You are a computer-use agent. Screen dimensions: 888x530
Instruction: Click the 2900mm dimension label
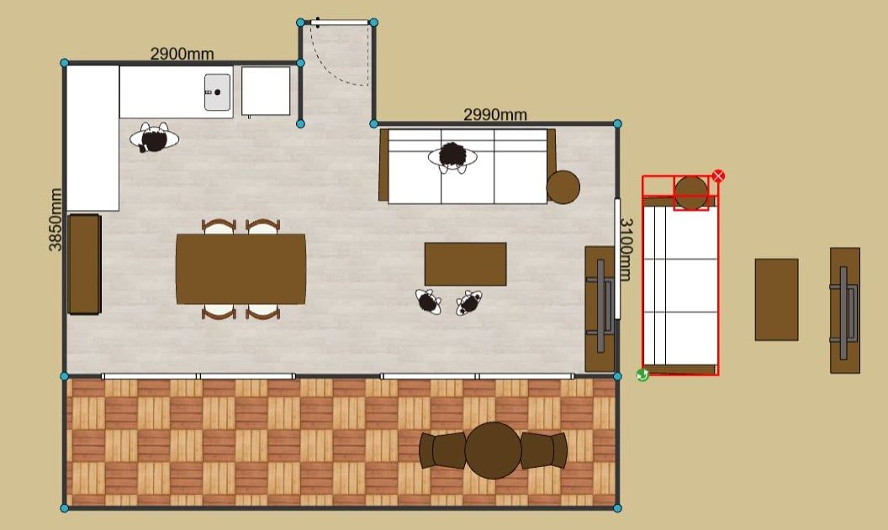click(x=182, y=54)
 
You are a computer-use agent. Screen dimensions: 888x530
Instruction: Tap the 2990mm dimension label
click(x=495, y=115)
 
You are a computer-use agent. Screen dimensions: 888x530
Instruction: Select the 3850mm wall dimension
click(x=55, y=219)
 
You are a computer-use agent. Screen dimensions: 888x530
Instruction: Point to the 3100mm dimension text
click(x=625, y=249)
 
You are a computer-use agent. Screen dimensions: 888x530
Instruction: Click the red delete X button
click(x=718, y=176)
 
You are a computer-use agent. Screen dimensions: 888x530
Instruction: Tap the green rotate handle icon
click(x=642, y=375)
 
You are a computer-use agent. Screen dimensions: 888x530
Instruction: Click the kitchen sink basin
click(x=218, y=92)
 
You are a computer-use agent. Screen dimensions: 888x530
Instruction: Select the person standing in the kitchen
click(x=154, y=138)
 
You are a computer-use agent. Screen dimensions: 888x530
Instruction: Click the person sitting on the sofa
click(x=452, y=157)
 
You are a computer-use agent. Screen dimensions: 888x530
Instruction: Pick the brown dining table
click(x=240, y=269)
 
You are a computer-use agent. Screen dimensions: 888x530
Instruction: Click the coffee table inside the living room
click(x=466, y=264)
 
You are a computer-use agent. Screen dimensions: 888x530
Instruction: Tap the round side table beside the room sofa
click(x=563, y=186)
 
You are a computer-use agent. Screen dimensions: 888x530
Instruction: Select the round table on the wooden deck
click(x=493, y=451)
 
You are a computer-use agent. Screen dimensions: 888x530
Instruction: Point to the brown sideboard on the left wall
click(x=84, y=264)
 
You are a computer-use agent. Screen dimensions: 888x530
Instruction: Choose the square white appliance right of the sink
click(x=266, y=91)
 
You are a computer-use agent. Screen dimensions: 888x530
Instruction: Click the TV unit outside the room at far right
click(x=845, y=311)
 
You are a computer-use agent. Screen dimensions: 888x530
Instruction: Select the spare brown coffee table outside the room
click(x=776, y=300)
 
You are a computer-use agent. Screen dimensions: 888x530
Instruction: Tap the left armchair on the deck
click(x=442, y=450)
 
